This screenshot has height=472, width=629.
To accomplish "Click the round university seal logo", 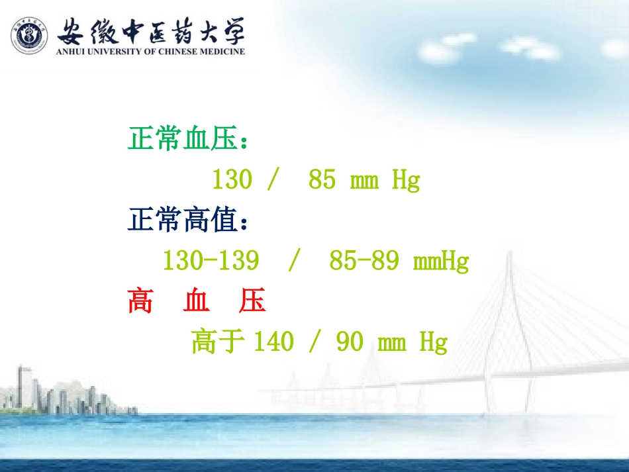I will coord(29,35).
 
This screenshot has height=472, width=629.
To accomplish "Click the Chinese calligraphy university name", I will coord(151,30).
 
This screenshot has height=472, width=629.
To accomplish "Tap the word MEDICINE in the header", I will coord(221,52).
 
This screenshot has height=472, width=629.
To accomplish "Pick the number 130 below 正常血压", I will coord(232,180).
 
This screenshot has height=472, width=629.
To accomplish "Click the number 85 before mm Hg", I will coord(322,180).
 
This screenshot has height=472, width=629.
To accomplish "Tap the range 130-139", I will coord(211,261).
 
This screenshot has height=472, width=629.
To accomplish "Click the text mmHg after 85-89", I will coord(441,261).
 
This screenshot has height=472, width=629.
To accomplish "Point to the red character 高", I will coord(140,301).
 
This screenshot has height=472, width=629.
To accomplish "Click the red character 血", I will coord(197,301).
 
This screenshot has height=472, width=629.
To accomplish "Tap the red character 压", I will coord(253,301).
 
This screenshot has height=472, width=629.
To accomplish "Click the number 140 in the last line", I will coord(273,342).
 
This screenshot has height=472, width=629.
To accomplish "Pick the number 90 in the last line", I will coord(350,342).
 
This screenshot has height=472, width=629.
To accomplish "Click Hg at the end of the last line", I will coord(434,343).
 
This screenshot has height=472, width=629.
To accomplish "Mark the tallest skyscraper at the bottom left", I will coord(24,387).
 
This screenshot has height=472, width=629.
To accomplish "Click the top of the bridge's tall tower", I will coord(509,256).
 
